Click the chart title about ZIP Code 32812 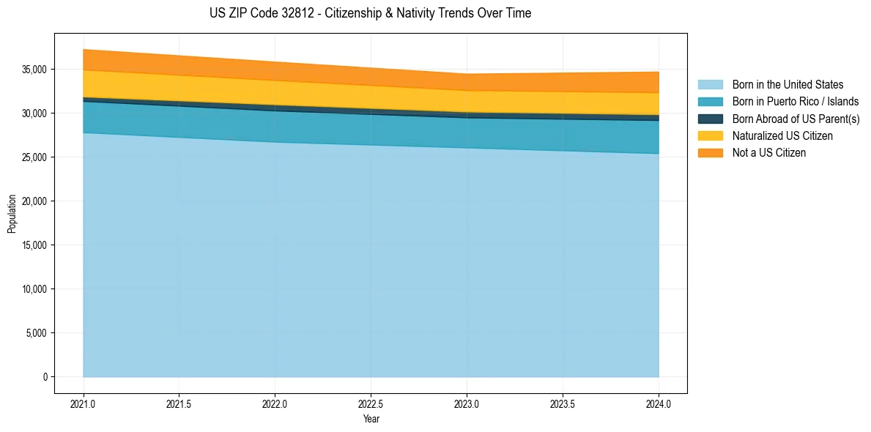click(370, 13)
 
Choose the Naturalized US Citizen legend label click(782, 136)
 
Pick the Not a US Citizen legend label click(769, 153)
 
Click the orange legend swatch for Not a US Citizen click(710, 153)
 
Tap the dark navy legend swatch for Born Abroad click(710, 119)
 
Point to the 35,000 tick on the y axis click(34, 70)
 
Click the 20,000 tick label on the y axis click(34, 201)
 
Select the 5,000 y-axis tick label click(36, 333)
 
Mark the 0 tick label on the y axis click(45, 377)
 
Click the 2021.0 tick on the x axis click(84, 403)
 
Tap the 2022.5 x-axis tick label click(371, 403)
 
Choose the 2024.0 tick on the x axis click(659, 403)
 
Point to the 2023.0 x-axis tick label click(467, 403)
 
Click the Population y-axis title click(12, 214)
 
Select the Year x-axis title click(371, 419)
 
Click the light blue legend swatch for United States click(710, 85)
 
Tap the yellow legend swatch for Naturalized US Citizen click(710, 136)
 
